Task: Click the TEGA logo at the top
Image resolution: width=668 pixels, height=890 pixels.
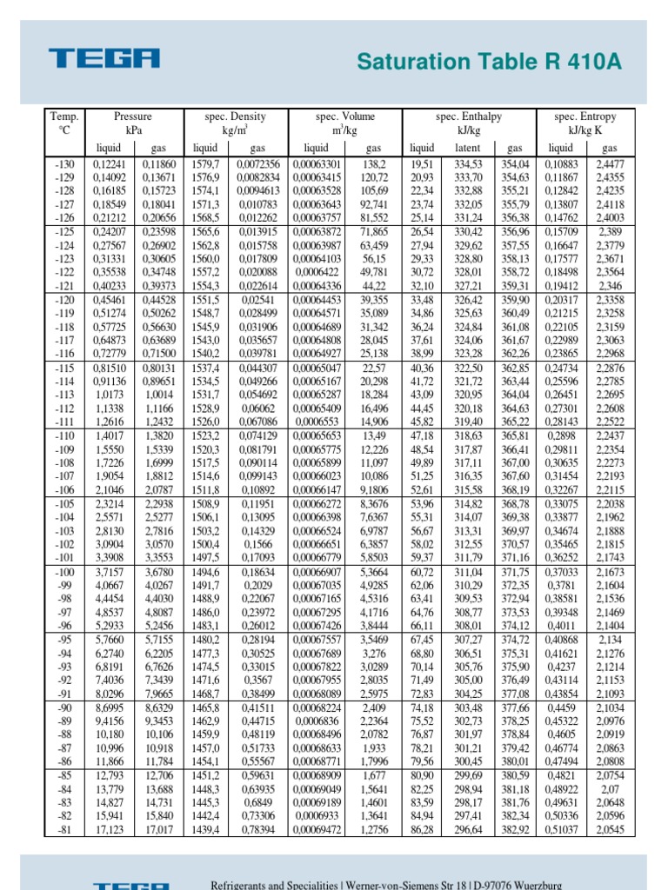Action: coord(105,58)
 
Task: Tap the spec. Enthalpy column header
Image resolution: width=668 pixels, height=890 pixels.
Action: coord(469,116)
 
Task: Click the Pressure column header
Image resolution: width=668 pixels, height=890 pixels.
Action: coord(132,116)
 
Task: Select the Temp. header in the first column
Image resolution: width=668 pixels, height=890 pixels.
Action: coord(64,116)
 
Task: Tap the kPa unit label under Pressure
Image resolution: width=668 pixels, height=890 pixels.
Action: coord(132,130)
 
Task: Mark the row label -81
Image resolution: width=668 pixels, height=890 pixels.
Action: coord(64,830)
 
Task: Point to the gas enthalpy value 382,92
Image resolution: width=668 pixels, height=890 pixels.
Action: coord(515,830)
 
